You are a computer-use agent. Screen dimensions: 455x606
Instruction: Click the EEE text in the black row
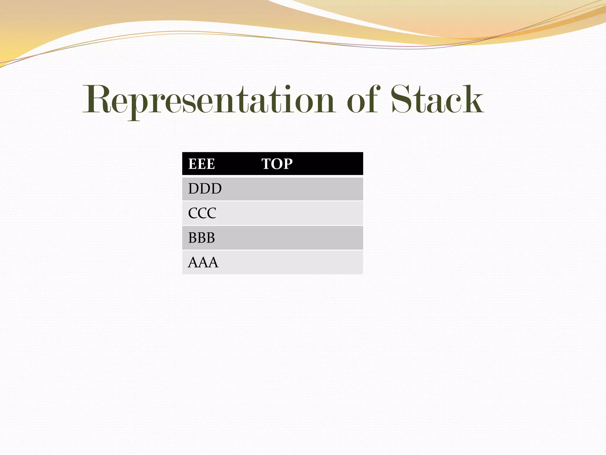coord(202,164)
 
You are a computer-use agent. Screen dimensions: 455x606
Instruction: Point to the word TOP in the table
coord(277,164)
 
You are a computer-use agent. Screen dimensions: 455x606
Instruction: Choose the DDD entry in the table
coord(205,189)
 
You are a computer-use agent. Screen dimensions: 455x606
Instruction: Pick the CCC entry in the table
coord(202,213)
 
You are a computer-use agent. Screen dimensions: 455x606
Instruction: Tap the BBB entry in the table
coord(202,238)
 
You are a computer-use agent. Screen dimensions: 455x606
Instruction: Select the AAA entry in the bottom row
coord(203,262)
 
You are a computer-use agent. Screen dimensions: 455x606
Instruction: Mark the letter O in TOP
coord(277,164)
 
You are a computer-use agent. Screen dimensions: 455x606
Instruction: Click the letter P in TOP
coord(288,164)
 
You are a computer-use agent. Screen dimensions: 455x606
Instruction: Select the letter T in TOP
coord(266,164)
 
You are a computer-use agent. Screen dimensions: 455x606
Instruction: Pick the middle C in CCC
coord(202,213)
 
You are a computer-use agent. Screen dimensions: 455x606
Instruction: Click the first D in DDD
coord(194,189)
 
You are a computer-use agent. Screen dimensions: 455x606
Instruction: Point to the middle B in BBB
coord(202,238)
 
